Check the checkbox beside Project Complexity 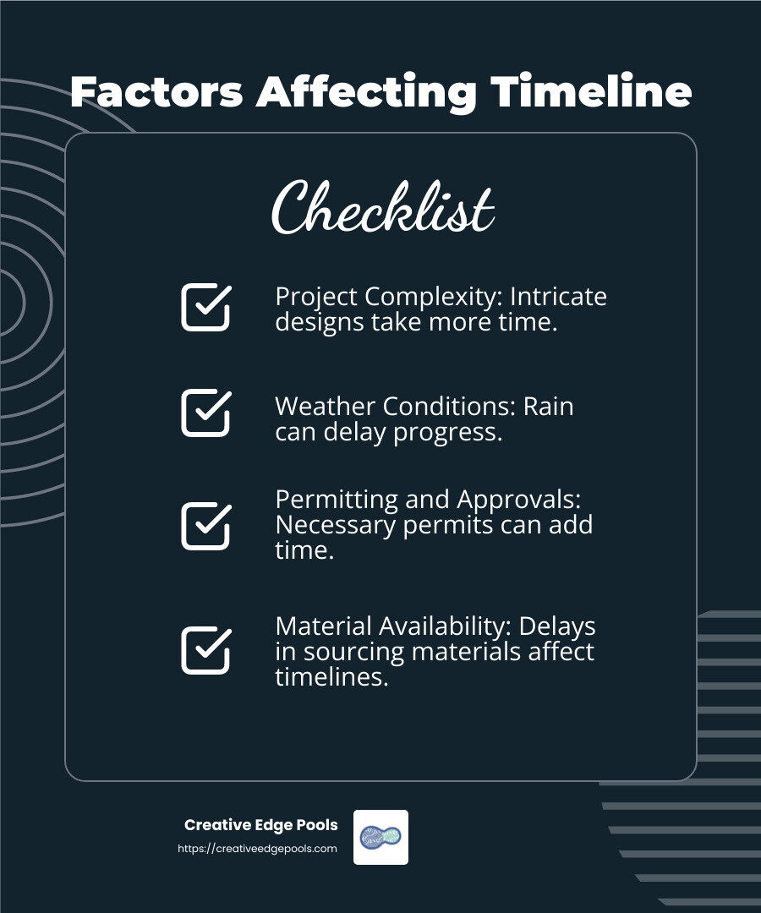(205, 307)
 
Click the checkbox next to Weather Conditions (205, 413)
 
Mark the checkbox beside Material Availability (205, 649)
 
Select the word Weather (326, 406)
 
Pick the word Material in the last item (324, 626)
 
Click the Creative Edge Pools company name (260, 825)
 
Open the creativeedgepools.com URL (257, 849)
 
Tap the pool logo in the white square (380, 837)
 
